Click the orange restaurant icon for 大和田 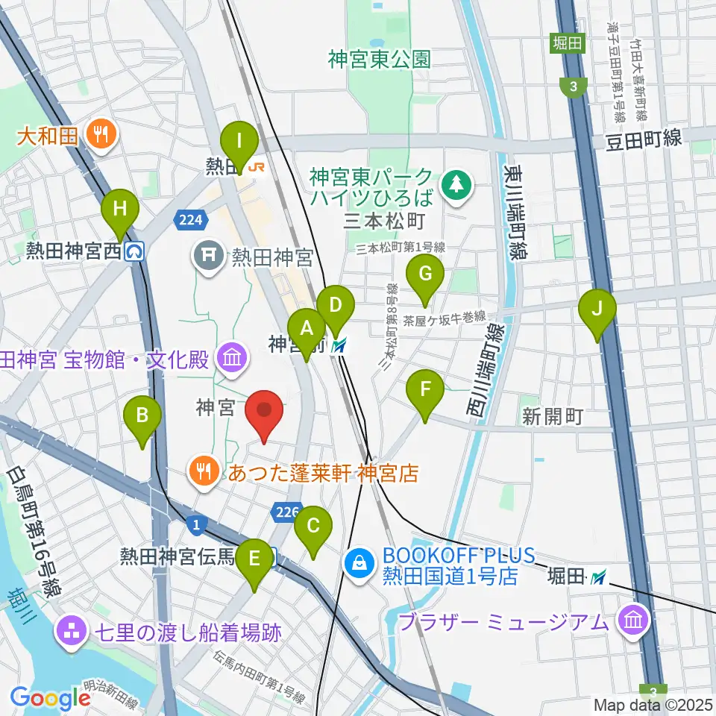click(x=98, y=135)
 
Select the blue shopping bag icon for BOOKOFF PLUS click(x=359, y=565)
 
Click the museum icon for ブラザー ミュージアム click(x=634, y=621)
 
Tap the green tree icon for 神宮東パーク click(x=454, y=183)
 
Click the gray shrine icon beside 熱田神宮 click(x=207, y=257)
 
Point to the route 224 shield click(x=189, y=219)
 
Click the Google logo click(x=49, y=697)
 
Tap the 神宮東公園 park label click(x=379, y=60)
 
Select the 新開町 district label click(x=552, y=417)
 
